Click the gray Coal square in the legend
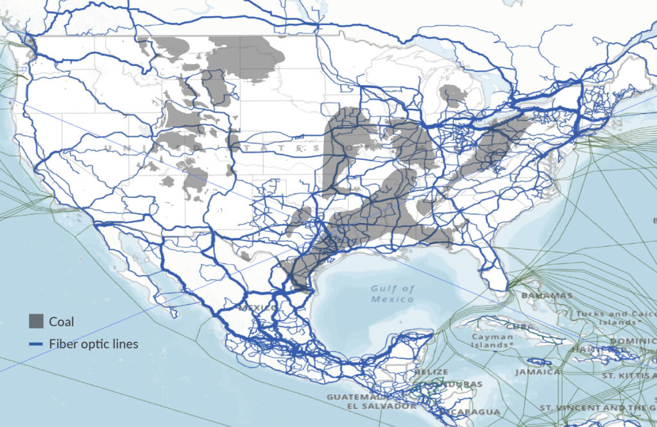tap(37, 321)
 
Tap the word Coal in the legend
tap(62, 322)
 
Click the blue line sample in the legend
tap(37, 344)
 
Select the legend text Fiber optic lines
tap(93, 344)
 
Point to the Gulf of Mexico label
tap(393, 294)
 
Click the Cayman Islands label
tap(492, 340)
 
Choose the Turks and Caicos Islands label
tap(617, 318)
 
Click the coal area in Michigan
tap(454, 96)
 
